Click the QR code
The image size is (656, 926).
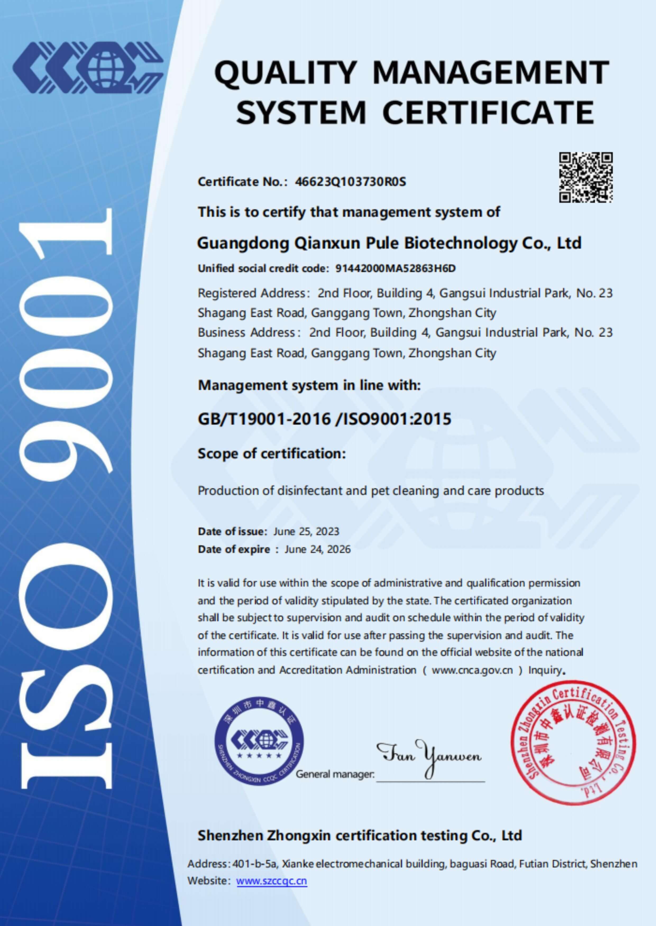586,177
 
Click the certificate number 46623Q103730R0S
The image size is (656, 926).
350,182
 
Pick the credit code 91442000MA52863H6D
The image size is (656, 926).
396,268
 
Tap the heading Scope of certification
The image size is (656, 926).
272,454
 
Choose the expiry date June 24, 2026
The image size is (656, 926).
318,549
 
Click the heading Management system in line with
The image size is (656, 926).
309,386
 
